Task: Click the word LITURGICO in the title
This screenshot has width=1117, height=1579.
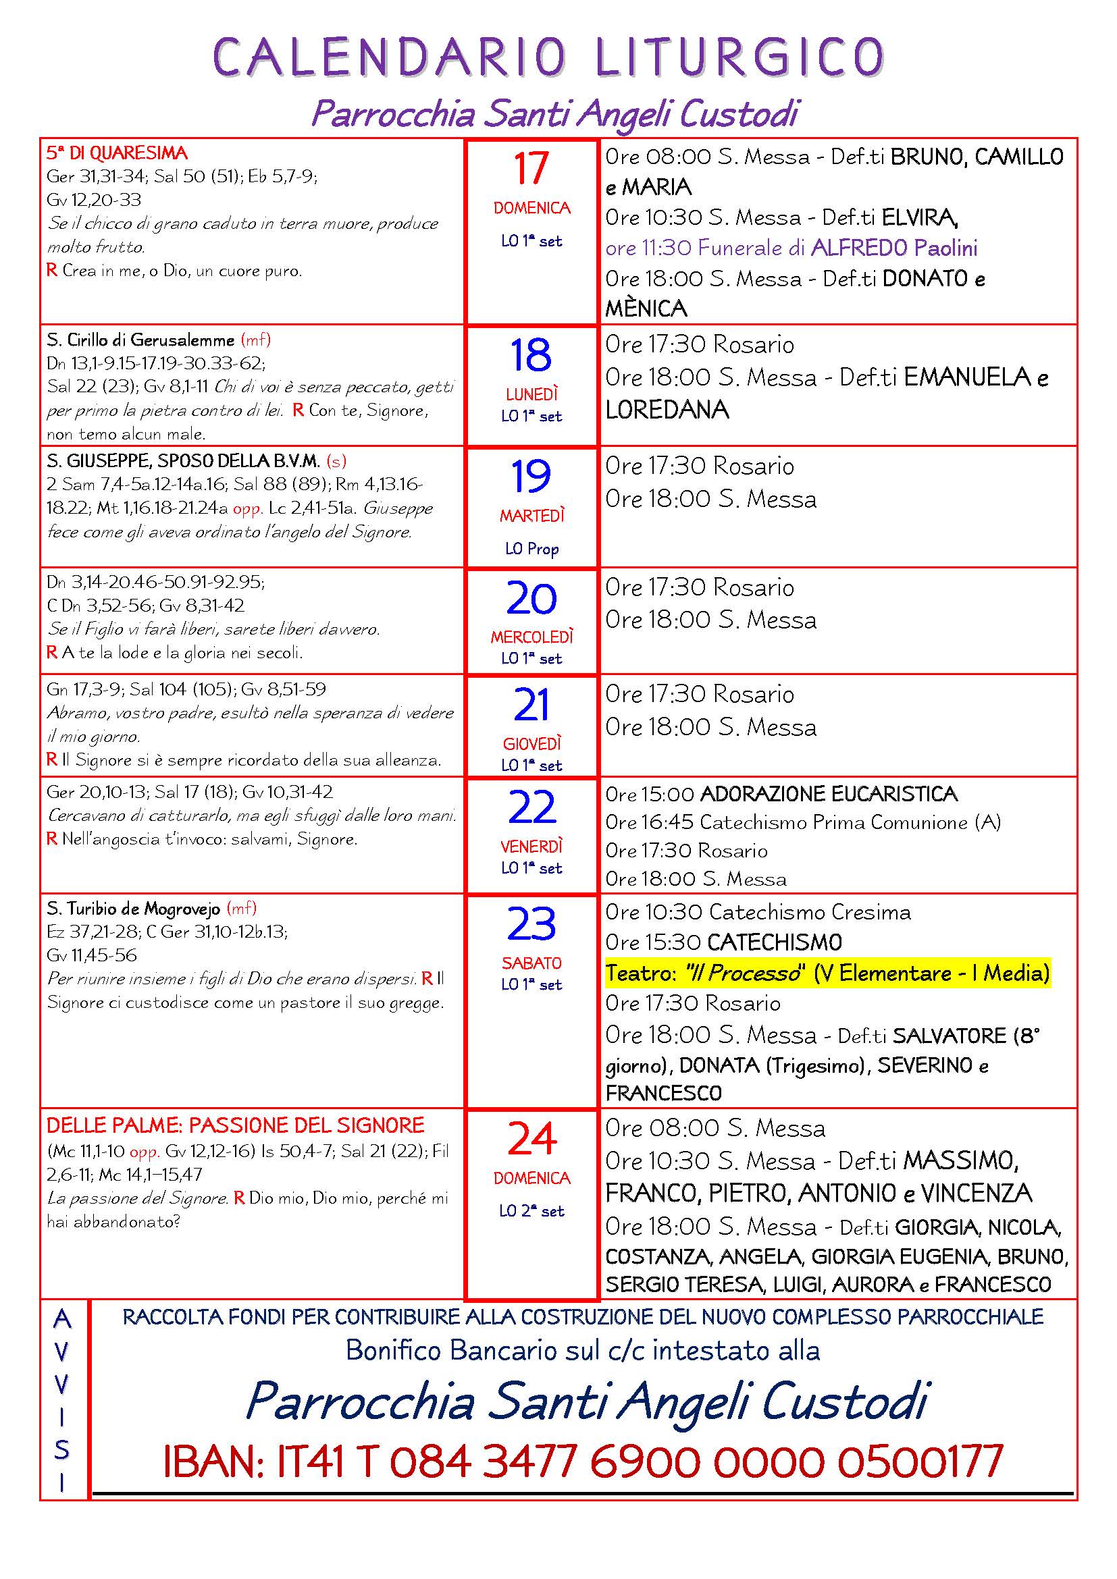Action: coord(739,57)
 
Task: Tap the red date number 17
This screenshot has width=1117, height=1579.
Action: coord(531,169)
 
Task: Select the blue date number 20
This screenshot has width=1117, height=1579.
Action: coord(531,599)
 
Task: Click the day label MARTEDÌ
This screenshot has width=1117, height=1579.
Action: coord(531,516)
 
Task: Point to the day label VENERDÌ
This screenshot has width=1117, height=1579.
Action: coord(531,846)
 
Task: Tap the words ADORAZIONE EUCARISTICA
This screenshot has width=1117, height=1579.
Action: coord(828,795)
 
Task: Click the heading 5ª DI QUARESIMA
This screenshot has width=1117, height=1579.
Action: coord(117,153)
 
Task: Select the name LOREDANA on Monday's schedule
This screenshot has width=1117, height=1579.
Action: coord(667,410)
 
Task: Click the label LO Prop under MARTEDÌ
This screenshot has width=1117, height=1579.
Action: coord(531,549)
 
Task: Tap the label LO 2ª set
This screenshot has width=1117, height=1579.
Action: coord(531,1211)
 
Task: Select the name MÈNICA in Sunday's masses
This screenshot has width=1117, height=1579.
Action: coord(646,309)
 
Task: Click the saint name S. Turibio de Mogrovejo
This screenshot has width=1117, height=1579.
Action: coord(134,909)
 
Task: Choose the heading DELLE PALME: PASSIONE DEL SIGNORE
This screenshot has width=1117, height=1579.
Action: coord(235,1126)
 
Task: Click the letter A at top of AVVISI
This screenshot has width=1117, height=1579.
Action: coord(63,1319)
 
